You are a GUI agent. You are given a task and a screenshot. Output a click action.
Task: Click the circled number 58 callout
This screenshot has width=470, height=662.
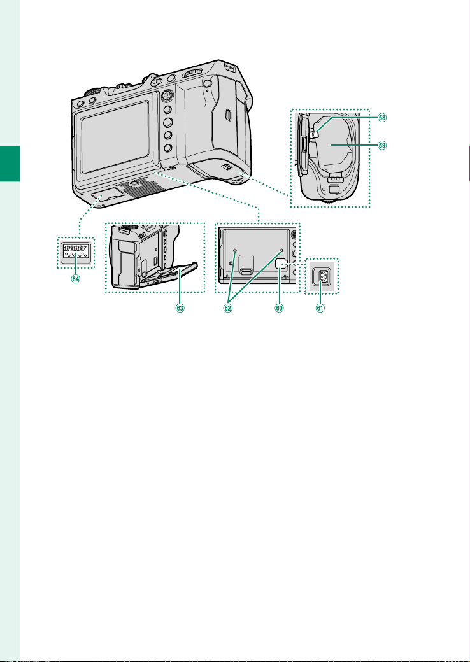[381, 118]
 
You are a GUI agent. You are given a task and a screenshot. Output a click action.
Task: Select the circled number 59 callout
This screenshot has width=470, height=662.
[381, 144]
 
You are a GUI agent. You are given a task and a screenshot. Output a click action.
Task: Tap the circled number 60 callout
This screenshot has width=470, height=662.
[279, 309]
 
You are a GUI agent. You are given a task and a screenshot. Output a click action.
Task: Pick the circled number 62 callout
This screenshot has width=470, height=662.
[228, 309]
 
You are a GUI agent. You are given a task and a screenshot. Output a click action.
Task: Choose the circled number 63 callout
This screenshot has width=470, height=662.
[180, 309]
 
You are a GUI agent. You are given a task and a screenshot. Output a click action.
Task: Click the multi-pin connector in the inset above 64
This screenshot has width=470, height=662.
[76, 253]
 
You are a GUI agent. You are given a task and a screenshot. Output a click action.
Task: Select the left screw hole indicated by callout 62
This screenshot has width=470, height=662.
[236, 250]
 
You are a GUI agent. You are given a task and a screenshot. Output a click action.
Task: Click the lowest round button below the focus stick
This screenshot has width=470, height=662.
[167, 148]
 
